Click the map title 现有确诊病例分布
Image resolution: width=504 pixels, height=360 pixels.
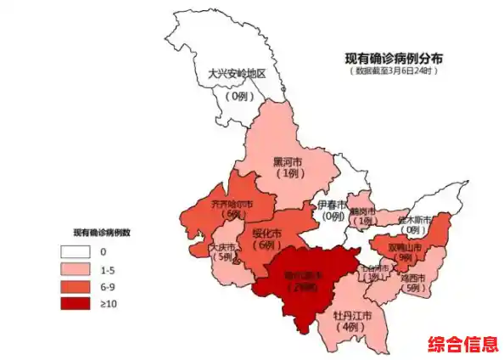(393, 59)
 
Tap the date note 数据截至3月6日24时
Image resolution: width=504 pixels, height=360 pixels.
(393, 72)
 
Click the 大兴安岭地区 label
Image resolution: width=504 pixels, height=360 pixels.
(237, 74)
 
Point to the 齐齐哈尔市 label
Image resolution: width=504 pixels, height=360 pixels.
(232, 204)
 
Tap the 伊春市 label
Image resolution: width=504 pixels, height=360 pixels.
(332, 205)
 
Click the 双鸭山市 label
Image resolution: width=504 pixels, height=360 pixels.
(405, 247)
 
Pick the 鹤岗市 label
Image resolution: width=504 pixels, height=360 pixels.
(366, 210)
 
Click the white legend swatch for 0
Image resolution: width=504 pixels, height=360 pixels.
(76, 251)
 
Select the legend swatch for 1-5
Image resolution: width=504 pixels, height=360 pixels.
(76, 268)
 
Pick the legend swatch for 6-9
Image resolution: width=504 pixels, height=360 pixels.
(76, 285)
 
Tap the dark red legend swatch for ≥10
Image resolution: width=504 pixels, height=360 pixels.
(76, 302)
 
